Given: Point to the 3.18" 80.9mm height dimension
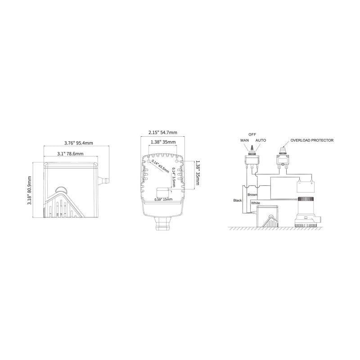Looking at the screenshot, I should tap(30, 190).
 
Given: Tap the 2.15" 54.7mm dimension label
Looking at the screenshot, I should tap(162, 132).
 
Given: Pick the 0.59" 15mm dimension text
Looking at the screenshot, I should tap(163, 198).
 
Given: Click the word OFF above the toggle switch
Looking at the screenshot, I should tap(252, 134).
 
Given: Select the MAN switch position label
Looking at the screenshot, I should tap(244, 141).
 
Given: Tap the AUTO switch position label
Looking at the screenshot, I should tap(261, 141).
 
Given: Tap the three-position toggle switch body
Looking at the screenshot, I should tap(252, 159).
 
